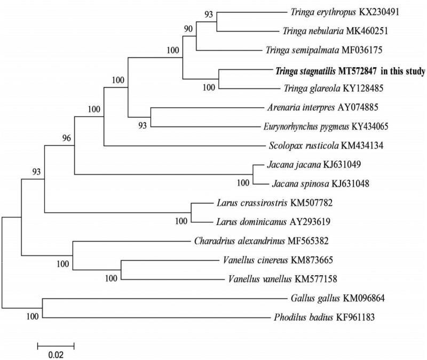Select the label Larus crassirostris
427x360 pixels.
246,203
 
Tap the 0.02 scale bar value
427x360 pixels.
56,353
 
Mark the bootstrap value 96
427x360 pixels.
66,138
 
